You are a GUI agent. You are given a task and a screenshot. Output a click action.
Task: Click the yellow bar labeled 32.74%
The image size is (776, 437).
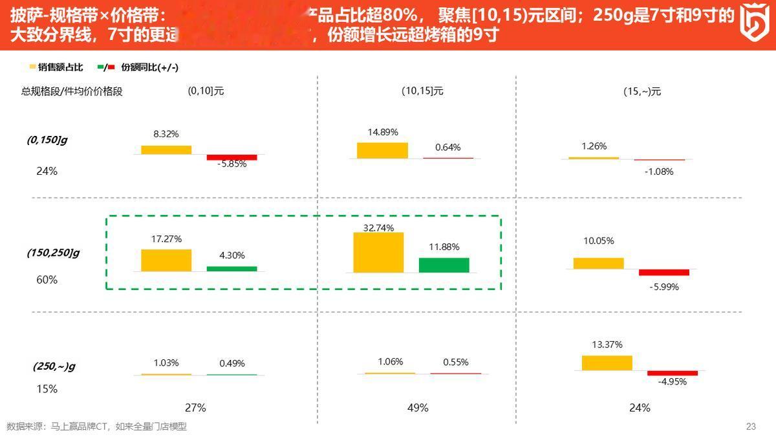pos(378,252)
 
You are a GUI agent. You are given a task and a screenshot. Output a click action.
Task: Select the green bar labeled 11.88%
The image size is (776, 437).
pos(444,265)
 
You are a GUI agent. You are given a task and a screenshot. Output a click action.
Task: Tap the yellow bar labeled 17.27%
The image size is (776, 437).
pos(166,260)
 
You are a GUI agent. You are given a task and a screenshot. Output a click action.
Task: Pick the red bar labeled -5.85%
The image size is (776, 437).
pos(232,157)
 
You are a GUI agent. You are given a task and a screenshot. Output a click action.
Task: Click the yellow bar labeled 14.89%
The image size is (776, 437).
pos(382,150)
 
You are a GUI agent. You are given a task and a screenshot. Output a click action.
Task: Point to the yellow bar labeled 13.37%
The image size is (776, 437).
pos(607,363)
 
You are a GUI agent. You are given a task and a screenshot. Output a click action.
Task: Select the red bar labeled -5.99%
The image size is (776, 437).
pos(663,273)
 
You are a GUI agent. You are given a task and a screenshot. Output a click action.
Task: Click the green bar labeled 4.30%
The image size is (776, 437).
pos(232,269)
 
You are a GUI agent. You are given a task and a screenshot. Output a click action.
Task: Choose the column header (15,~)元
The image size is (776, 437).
pos(642,92)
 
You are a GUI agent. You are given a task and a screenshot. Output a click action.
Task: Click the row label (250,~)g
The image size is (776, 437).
pos(54,366)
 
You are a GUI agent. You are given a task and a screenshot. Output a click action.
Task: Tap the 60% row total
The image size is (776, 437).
pos(47,280)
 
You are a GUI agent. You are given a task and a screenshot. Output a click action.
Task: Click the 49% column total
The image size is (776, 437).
pos(418,408)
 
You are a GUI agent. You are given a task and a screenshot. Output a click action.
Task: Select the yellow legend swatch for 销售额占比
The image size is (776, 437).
pos(32,67)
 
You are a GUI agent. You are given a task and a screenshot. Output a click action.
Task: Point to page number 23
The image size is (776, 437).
pos(751,426)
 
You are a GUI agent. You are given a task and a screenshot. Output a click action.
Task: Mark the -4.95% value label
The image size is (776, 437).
pos(673,382)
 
